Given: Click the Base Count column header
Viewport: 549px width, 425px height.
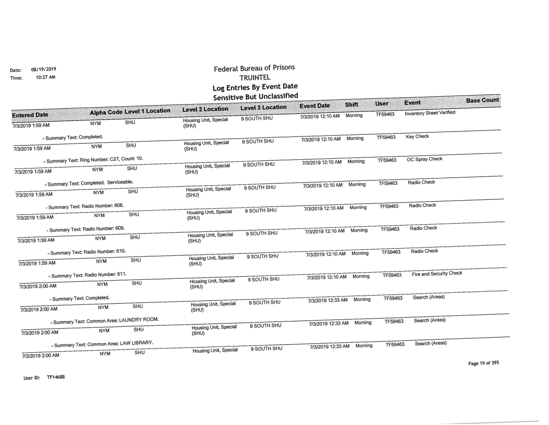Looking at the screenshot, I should point(482,100).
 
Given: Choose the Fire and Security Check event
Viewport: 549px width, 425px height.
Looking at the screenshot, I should point(437,274).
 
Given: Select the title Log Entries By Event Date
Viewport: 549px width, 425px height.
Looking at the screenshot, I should point(255,86).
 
